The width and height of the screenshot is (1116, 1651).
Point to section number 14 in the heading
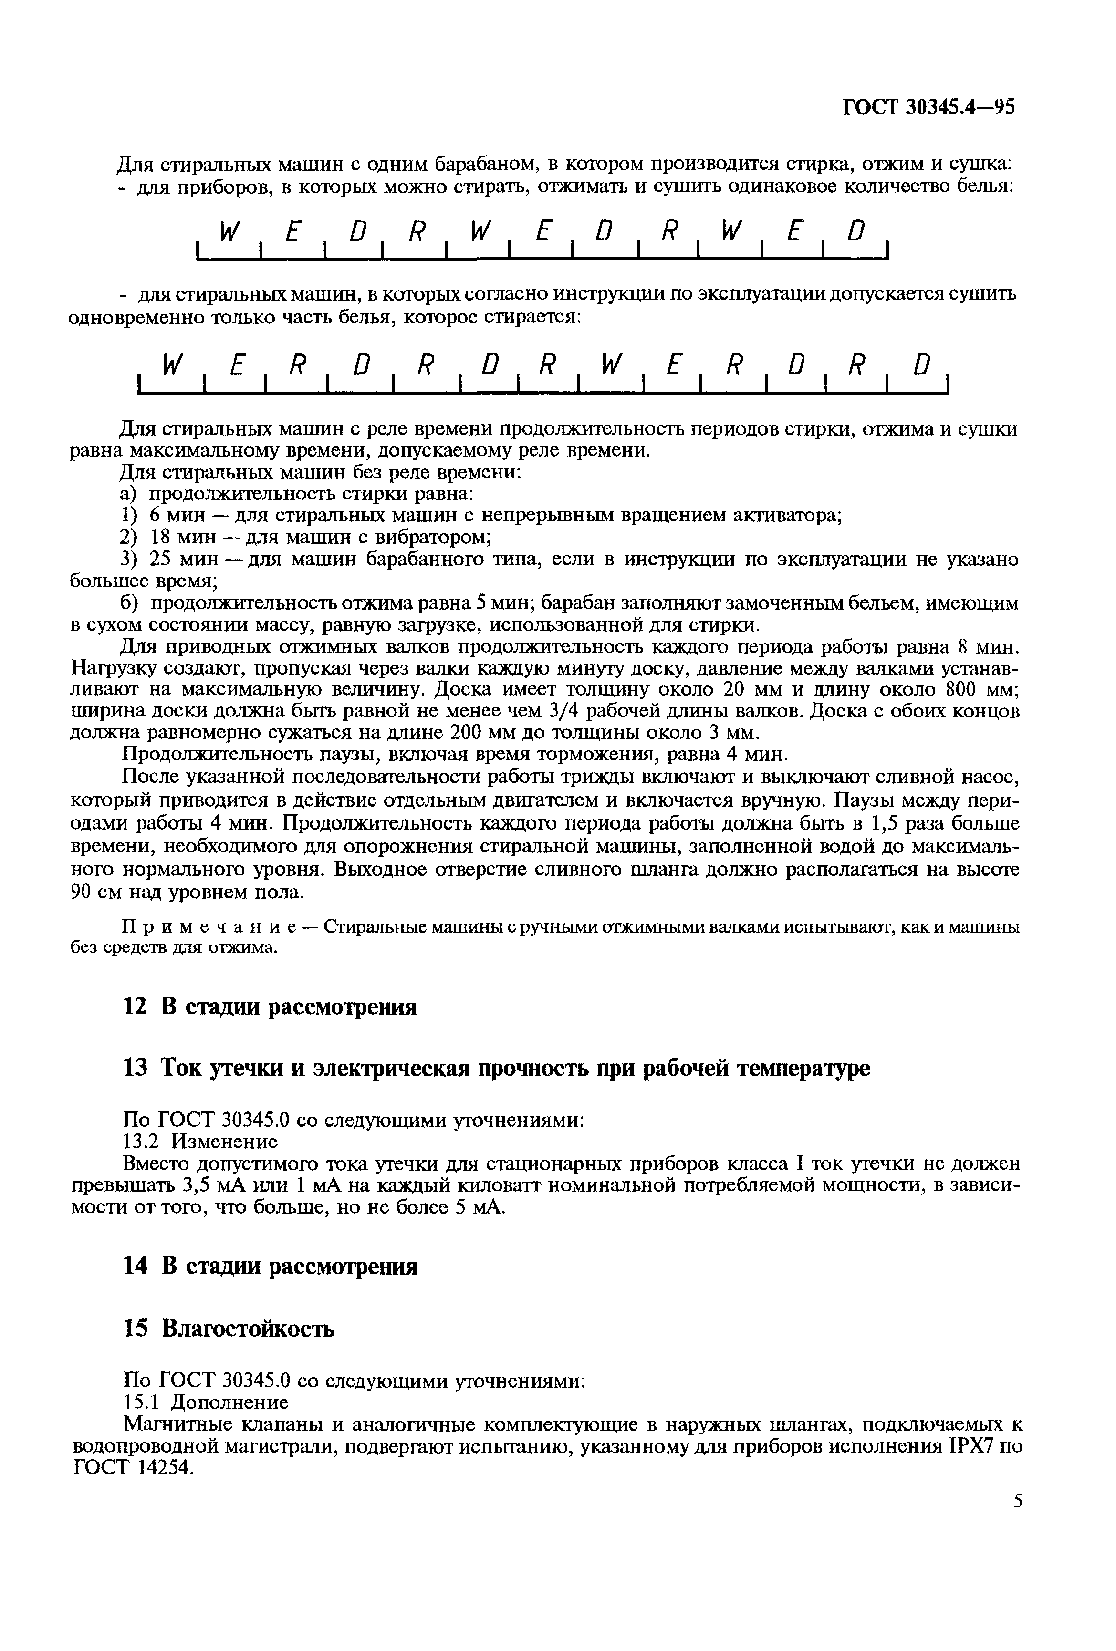134,1267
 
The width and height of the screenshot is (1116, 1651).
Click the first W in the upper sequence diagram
227,231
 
